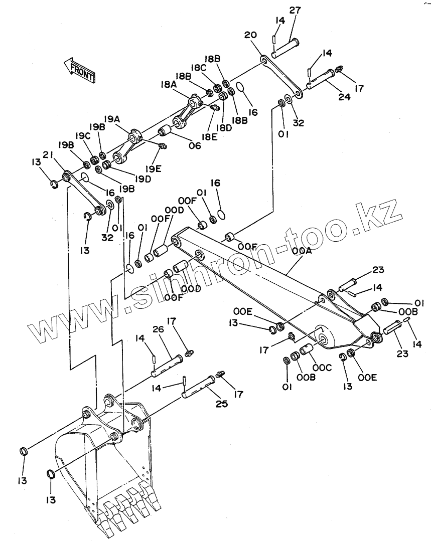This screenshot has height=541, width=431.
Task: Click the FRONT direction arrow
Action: point(79,69)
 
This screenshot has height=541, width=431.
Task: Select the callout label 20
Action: point(250,35)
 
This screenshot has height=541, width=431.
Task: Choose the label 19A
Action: point(112,119)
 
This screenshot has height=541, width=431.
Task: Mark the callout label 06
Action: point(194,145)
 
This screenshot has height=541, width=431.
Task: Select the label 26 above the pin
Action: point(159,329)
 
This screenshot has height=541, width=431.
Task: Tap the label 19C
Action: point(83,136)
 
